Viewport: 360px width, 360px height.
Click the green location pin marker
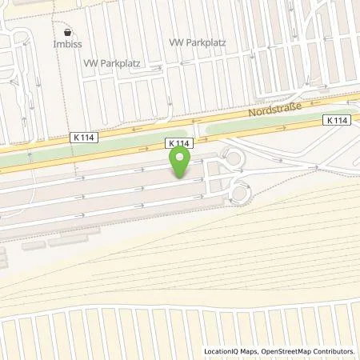[181, 163]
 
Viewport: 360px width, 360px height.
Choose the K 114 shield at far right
[338, 119]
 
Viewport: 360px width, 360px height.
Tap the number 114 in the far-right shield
[342, 119]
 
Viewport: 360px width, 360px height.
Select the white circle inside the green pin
[181, 159]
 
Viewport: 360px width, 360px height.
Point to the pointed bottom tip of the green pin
[181, 178]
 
